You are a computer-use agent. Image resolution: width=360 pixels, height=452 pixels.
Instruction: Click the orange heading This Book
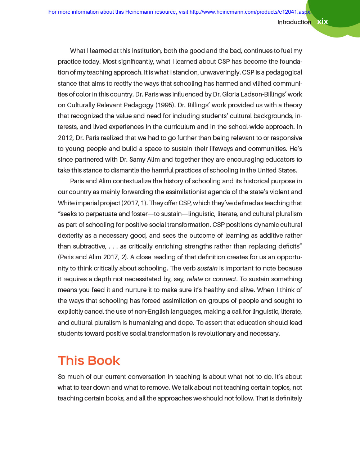[89, 361]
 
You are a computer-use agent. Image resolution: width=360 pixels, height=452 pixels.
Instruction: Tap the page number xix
[322, 22]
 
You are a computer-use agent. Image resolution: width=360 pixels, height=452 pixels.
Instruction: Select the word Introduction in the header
[294, 22]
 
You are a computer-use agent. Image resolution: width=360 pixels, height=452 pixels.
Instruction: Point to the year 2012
[65, 138]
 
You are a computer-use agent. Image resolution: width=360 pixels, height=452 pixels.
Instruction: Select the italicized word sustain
[207, 268]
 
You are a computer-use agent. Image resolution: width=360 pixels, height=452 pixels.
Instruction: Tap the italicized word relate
[195, 279]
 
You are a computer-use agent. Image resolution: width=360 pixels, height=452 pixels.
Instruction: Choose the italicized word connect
[224, 279]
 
